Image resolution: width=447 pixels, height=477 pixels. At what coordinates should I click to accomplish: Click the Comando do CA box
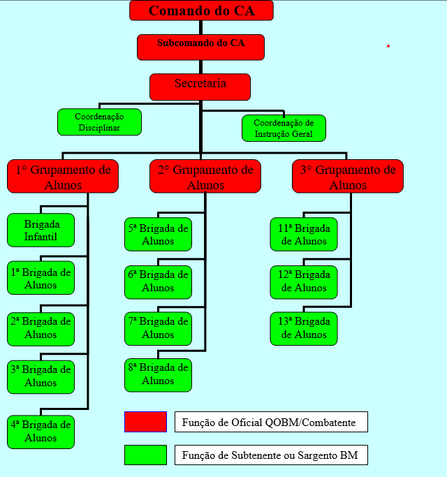point(201,10)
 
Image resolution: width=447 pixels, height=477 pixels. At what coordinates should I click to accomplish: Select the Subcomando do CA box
point(200,47)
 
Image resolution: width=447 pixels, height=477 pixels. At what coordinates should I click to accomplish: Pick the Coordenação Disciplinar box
point(99,122)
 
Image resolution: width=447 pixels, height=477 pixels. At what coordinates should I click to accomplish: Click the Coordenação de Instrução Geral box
point(284,128)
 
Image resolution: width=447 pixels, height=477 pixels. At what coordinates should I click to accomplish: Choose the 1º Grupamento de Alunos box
point(63,176)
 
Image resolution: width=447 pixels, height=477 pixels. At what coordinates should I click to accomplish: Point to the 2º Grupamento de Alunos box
point(205,176)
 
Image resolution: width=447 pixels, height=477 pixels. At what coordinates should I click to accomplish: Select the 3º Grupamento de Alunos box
point(348,176)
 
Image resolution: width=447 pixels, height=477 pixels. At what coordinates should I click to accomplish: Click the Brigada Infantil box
point(41,230)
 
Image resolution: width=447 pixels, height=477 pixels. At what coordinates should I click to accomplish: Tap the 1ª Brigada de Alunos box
point(41,277)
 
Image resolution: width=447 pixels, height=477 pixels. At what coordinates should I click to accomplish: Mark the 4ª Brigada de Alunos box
point(41,432)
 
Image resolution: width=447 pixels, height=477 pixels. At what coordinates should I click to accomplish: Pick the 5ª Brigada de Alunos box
point(158,235)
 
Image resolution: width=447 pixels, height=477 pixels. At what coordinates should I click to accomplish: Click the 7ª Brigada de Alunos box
point(158,328)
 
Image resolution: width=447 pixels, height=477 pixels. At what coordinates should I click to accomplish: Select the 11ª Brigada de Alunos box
point(304,235)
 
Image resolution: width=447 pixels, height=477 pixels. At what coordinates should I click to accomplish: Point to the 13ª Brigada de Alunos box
point(304,328)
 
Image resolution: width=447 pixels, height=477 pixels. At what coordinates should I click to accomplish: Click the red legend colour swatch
point(145,422)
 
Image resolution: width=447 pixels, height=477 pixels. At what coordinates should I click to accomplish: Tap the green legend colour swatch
point(145,455)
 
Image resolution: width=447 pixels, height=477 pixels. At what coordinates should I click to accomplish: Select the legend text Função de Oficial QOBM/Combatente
point(271,422)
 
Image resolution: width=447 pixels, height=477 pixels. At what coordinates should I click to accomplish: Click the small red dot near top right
point(388,46)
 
